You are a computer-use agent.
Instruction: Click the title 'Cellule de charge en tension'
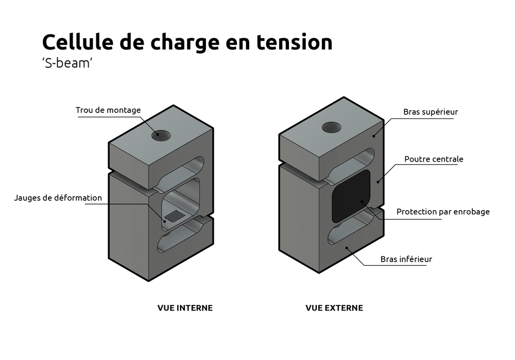[187, 42]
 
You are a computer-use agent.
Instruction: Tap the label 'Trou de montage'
[108, 110]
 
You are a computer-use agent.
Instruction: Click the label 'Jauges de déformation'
[58, 198]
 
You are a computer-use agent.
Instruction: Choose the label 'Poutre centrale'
[434, 159]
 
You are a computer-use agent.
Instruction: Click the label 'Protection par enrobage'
[443, 212]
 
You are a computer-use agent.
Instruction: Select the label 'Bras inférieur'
[406, 259]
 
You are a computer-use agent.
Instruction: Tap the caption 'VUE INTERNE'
[185, 308]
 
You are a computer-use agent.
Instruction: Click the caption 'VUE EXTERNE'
[334, 308]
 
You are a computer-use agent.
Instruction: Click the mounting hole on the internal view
[161, 135]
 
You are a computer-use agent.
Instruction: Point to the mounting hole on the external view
[332, 127]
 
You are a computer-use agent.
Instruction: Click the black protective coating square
[352, 196]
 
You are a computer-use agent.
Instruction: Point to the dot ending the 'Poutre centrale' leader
[378, 181]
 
